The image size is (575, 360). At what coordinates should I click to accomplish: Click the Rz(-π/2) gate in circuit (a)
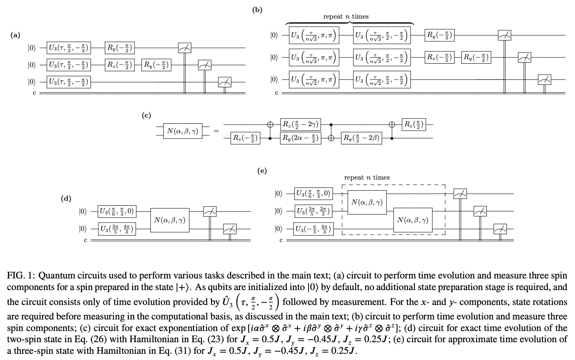(x=120, y=65)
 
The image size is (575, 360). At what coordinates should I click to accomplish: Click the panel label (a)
(x=16, y=35)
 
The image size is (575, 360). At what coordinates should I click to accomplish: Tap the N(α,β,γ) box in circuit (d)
(x=170, y=220)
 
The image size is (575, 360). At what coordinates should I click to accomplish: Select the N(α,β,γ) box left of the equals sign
(x=182, y=131)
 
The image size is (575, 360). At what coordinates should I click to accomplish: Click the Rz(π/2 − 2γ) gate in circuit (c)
(x=300, y=124)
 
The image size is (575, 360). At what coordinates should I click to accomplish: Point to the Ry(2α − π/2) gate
(x=300, y=138)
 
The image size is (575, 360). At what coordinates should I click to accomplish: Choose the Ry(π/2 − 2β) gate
(x=361, y=138)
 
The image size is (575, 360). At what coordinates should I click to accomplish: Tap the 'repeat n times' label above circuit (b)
(x=346, y=17)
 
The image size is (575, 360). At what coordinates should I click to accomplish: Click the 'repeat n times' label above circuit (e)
(x=367, y=178)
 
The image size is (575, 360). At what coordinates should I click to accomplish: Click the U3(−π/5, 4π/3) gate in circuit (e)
(x=313, y=228)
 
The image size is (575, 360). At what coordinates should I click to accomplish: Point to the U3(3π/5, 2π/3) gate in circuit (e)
(x=313, y=211)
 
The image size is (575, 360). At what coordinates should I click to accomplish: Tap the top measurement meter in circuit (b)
(x=504, y=36)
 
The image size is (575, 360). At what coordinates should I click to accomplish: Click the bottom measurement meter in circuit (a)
(x=225, y=82)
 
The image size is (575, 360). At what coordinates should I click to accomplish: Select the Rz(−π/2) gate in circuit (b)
(x=439, y=57)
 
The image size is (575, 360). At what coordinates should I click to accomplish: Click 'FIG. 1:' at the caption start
(x=21, y=276)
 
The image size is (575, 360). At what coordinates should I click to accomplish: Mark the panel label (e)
(x=262, y=170)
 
